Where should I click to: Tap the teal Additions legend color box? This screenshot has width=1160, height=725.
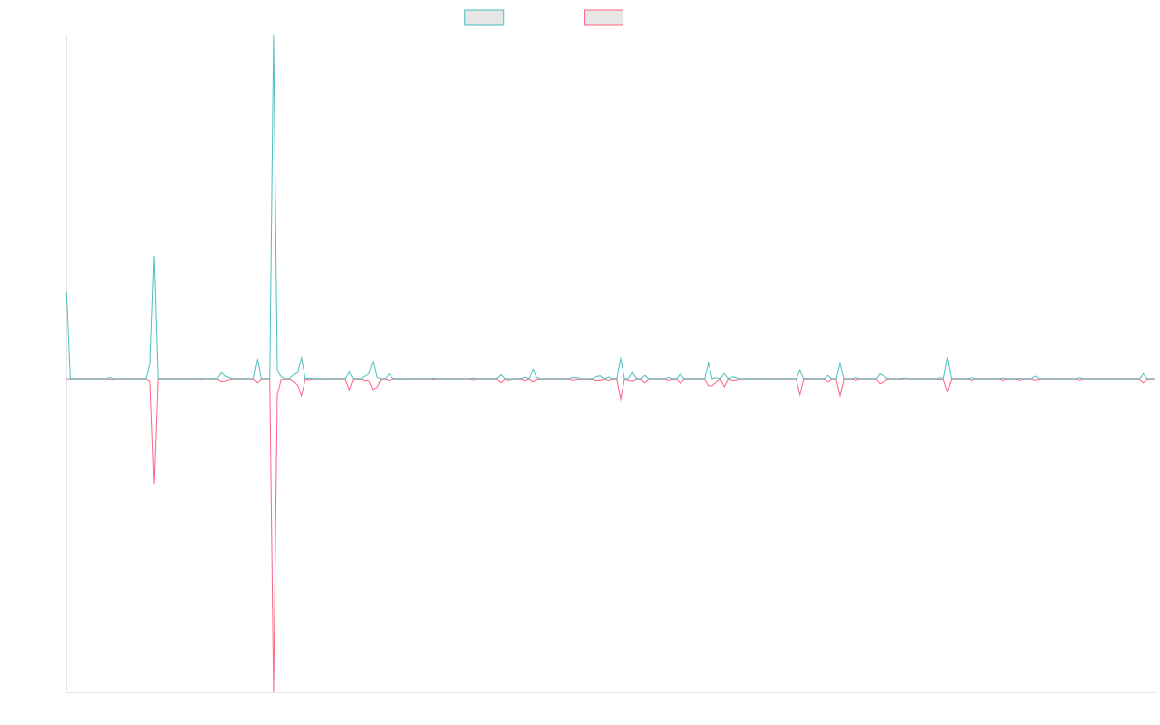(484, 17)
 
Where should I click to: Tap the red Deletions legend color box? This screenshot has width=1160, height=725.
(604, 17)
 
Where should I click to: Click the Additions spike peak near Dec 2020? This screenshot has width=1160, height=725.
(154, 256)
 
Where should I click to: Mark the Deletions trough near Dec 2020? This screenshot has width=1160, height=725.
(154, 481)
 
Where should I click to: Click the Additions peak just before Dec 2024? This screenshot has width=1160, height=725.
(947, 359)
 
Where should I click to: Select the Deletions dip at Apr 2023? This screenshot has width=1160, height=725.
(621, 399)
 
